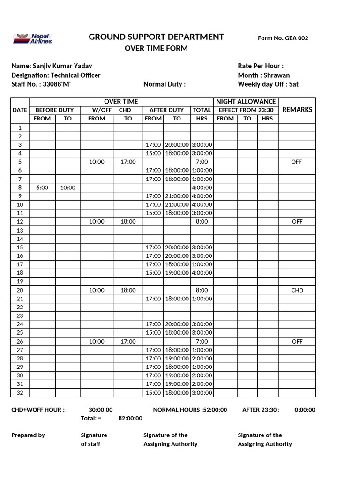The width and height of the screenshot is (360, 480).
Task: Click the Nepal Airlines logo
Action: [x=33, y=38]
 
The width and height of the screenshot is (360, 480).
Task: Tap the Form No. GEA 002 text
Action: [x=283, y=38]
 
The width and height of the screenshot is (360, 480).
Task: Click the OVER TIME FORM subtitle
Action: [x=156, y=49]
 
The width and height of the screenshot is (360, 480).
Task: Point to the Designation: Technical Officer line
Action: [x=56, y=75]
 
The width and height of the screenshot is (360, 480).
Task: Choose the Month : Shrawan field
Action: [x=263, y=75]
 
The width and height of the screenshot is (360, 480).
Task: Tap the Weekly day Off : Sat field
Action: [x=268, y=84]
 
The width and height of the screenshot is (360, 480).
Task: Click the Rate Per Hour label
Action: [x=261, y=66]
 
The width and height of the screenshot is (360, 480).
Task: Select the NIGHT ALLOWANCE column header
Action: [x=246, y=102]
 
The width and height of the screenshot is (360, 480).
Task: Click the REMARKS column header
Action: [x=297, y=110]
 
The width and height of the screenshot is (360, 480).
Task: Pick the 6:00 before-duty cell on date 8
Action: [x=42, y=187]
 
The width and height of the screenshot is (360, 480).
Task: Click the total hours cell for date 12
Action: [x=202, y=222]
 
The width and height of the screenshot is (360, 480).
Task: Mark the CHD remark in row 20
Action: [x=297, y=290]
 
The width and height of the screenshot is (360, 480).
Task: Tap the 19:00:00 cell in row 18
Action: [x=177, y=273]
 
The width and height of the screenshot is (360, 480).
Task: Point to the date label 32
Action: [x=20, y=393]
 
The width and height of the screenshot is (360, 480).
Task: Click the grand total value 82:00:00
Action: [x=130, y=418]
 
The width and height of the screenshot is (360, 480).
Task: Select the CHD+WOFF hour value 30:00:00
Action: [x=101, y=410]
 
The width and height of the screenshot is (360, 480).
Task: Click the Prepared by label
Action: [x=28, y=435]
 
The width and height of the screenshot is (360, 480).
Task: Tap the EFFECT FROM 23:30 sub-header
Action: [x=246, y=110]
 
